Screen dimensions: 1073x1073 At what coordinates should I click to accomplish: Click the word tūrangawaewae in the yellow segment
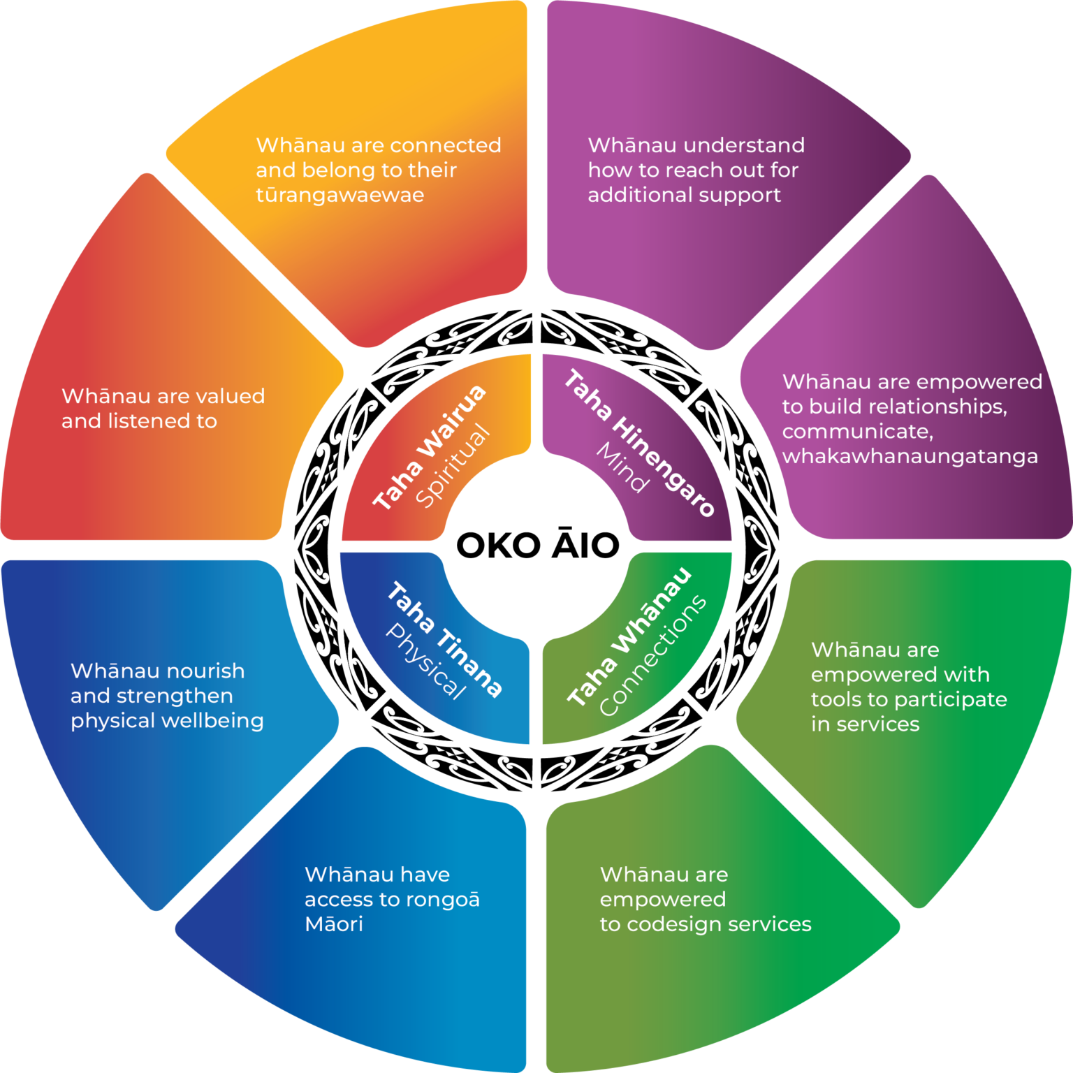340,195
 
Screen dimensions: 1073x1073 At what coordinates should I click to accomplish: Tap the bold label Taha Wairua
429,448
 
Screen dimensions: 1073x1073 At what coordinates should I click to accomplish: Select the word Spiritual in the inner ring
453,467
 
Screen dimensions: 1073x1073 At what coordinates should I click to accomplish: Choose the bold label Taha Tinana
444,639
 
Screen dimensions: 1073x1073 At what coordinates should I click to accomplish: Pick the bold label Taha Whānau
629,636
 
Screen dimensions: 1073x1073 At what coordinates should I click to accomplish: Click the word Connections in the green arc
653,656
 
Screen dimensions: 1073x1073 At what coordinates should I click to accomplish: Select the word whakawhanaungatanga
910,457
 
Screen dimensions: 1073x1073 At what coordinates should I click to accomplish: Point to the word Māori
334,924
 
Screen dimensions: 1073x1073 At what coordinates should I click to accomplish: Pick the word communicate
857,432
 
